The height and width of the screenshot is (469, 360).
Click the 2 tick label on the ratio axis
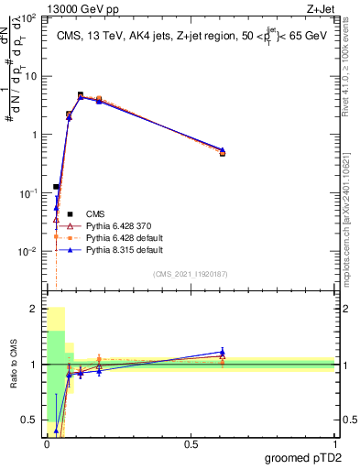(x=34, y=309)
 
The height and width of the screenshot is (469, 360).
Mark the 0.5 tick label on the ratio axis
(x=30, y=420)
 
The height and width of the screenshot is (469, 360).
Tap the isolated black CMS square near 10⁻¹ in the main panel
(x=56, y=187)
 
